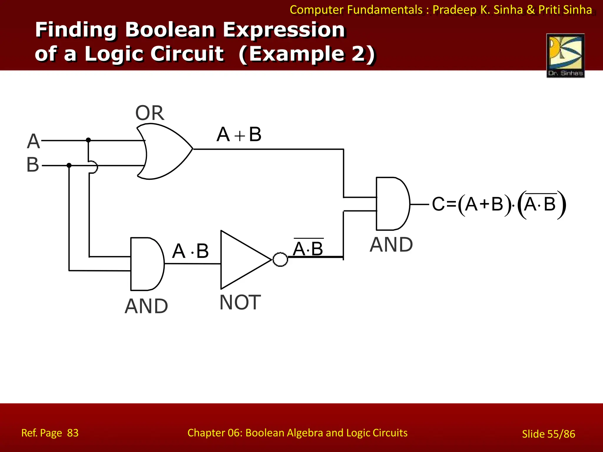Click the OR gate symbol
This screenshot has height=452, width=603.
(x=165, y=151)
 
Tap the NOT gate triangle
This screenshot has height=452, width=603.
(x=241, y=260)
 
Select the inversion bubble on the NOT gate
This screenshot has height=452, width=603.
(x=280, y=260)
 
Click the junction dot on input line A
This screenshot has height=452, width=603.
(x=88, y=140)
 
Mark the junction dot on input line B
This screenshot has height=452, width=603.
(x=69, y=165)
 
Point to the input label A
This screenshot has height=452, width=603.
(x=33, y=141)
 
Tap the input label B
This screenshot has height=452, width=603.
(x=33, y=164)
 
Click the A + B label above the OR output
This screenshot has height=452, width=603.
(x=239, y=135)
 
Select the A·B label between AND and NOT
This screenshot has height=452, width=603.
(x=190, y=251)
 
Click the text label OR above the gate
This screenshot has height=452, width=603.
(x=150, y=113)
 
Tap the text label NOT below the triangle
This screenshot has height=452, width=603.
(x=240, y=303)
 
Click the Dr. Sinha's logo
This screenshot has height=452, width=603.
(x=565, y=56)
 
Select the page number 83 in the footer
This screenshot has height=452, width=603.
(x=73, y=433)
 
